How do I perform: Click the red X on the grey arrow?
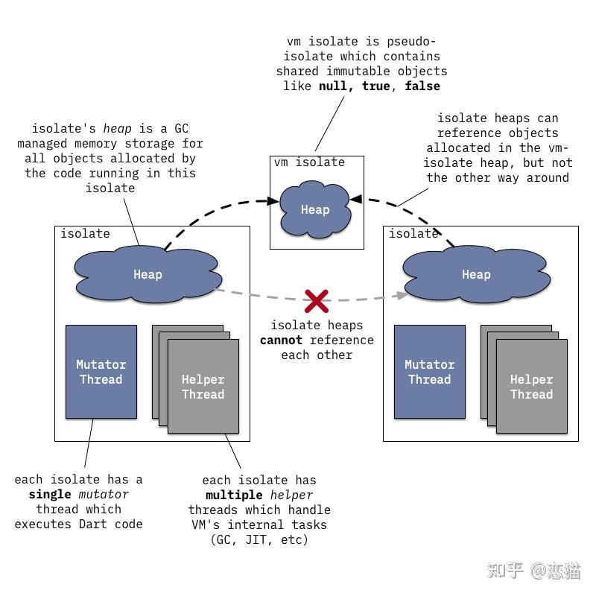(316, 301)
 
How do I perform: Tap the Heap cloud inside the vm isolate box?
(315, 209)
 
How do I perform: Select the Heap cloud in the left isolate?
(148, 274)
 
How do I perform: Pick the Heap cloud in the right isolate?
(476, 274)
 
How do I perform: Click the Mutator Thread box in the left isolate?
(101, 371)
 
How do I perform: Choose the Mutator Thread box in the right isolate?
(430, 371)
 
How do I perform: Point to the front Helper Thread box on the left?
(203, 386)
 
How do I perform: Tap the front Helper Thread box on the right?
(532, 386)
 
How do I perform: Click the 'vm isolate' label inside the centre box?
(309, 162)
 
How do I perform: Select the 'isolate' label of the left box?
(85, 233)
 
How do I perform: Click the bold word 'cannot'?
(282, 340)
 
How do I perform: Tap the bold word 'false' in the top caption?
(422, 86)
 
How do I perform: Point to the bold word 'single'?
(50, 494)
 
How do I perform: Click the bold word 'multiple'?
(234, 495)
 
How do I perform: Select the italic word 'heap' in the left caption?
(118, 128)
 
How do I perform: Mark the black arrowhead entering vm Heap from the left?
(273, 200)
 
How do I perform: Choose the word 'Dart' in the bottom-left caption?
(92, 524)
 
